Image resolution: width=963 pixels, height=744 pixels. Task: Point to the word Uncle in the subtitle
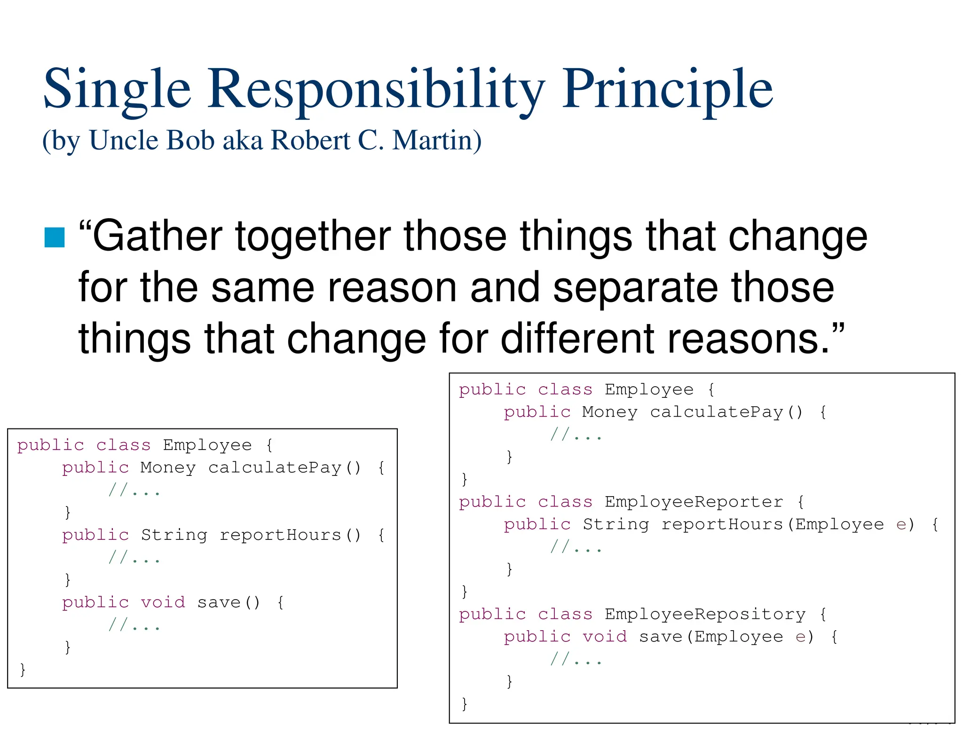click(x=124, y=140)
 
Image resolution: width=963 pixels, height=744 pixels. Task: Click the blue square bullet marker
click(x=55, y=237)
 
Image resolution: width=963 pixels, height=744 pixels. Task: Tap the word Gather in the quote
click(x=150, y=236)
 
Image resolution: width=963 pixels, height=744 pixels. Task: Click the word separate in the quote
click(x=635, y=287)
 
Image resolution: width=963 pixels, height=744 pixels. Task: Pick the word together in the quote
click(x=313, y=236)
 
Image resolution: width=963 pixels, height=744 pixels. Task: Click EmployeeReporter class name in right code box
click(x=694, y=502)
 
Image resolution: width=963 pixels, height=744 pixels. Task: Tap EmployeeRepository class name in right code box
click(x=705, y=614)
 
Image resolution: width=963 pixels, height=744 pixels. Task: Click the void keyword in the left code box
click(x=163, y=602)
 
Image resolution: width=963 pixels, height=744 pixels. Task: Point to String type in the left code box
click(x=174, y=535)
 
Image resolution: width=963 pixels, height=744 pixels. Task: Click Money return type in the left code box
click(x=168, y=467)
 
